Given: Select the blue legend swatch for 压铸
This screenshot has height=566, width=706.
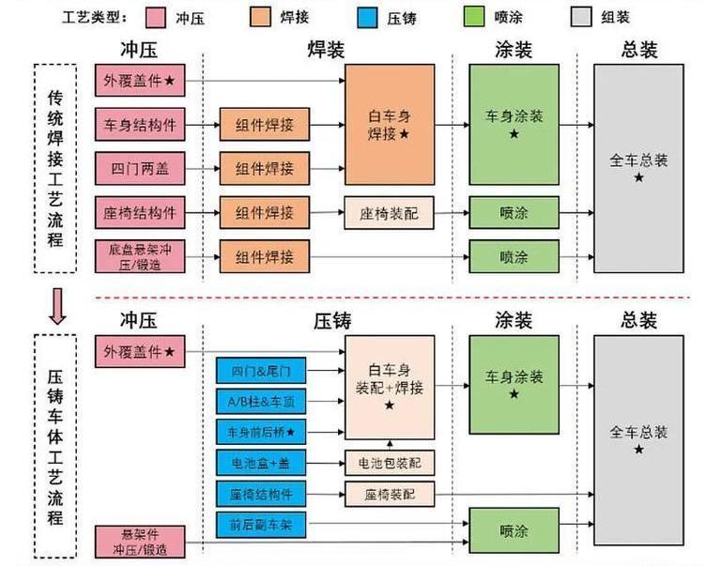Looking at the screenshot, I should [369, 17].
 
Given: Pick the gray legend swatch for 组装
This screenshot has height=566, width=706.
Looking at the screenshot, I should [582, 17].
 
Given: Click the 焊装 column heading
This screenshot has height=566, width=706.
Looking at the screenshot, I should [325, 50].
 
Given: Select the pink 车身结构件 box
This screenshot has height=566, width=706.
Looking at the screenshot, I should [139, 124].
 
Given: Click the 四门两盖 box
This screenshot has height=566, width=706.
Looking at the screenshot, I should [139, 169].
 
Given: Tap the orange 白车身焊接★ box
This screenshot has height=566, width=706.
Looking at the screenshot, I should [390, 125].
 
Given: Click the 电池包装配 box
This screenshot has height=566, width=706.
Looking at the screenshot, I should [390, 462].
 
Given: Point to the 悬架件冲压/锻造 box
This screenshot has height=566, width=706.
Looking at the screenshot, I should [139, 543].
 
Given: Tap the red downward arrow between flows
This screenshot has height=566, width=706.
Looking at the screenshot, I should [58, 307].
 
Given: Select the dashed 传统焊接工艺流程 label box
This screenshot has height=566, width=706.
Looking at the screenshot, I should [55, 168].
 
